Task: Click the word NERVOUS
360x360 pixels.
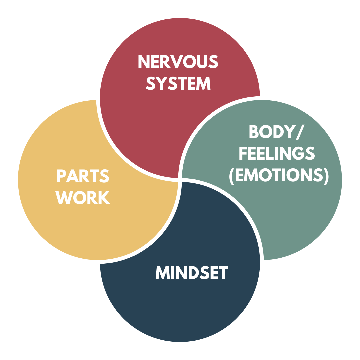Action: tap(178, 62)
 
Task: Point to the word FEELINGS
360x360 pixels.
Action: tap(277, 154)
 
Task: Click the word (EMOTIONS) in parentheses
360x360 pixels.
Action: tap(279, 175)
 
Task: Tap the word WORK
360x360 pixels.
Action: tap(83, 198)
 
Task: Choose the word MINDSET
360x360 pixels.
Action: tap(191, 273)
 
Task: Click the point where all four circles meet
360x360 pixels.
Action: tap(180, 180)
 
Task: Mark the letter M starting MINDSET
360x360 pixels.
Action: tap(162, 273)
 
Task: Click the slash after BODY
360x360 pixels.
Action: tap(299, 132)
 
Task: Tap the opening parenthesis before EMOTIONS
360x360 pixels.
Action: tap(232, 176)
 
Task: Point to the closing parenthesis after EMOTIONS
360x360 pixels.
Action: tap(326, 176)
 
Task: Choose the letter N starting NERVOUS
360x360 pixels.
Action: tap(143, 62)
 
